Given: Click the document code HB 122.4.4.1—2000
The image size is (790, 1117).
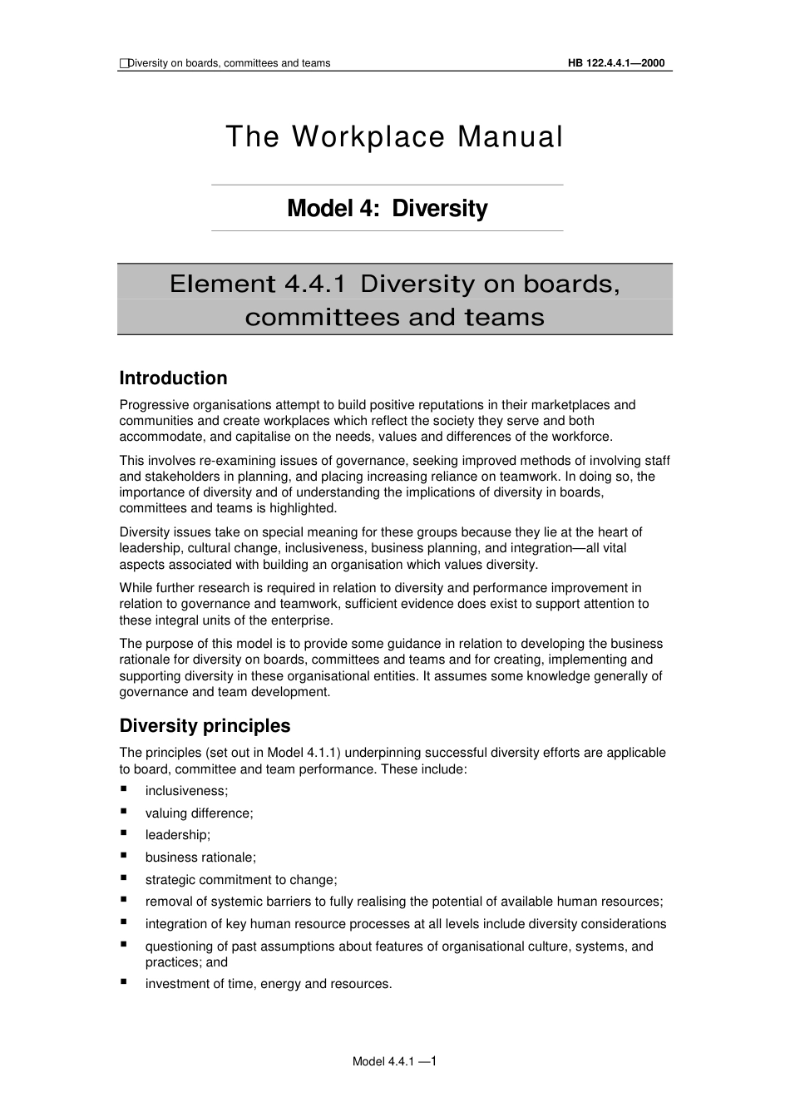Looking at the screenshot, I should pos(616,63).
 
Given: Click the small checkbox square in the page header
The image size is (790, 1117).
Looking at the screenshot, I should pos(124,63).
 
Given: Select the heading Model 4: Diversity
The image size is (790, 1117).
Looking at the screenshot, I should pos(387,208).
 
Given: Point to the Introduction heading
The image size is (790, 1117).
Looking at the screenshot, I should pos(173,378).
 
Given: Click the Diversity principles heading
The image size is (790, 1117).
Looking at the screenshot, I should pos(205,726).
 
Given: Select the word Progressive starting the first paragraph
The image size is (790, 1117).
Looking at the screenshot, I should pos(151,405).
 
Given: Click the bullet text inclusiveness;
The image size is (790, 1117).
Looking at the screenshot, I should pos(186,791).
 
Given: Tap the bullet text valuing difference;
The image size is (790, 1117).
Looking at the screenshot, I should pos(199,813).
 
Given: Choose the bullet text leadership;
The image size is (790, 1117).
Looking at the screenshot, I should pos(178,835).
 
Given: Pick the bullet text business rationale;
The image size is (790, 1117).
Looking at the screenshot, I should pos(200,858).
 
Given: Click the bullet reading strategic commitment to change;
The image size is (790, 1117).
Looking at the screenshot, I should pos(241,880).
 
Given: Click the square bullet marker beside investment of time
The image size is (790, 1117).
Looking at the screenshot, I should pos(124,982).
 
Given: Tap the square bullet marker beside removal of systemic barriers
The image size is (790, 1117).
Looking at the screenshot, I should pos(124,900).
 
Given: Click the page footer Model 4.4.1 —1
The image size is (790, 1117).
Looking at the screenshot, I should pos(394,1061).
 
